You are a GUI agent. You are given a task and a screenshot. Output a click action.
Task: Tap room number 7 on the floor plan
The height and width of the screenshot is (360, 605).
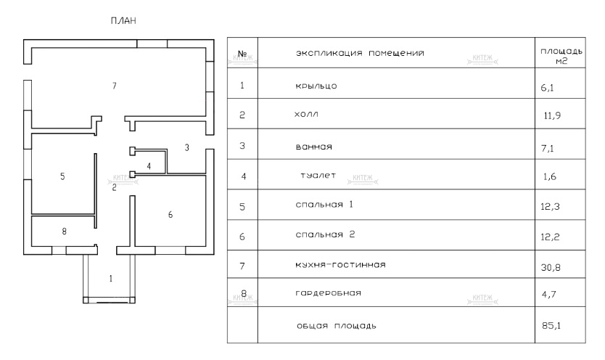(114, 86)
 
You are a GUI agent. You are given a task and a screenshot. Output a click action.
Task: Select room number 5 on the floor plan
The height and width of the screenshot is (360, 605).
(62, 176)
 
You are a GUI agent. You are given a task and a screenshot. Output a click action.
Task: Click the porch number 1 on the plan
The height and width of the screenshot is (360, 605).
(111, 278)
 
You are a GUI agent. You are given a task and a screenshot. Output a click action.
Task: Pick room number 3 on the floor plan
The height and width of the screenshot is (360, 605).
(186, 148)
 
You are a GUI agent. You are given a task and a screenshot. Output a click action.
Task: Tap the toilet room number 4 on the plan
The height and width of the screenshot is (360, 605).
(149, 166)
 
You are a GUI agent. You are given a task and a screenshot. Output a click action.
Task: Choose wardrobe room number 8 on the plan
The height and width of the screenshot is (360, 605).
(64, 232)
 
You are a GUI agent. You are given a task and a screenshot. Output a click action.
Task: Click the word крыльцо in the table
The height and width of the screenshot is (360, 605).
(316, 85)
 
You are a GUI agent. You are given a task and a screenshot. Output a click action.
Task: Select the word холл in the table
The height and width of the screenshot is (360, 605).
(308, 115)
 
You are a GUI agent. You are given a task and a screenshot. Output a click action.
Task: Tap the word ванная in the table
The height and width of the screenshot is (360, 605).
(313, 147)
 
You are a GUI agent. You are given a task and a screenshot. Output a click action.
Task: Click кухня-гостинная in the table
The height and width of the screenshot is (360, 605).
(339, 265)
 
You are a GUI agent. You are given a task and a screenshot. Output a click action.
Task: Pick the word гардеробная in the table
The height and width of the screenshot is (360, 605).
(328, 294)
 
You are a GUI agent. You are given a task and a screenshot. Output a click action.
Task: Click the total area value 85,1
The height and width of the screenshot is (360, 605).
(552, 327)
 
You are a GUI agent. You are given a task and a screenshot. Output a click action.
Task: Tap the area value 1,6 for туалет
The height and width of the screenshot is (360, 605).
(548, 177)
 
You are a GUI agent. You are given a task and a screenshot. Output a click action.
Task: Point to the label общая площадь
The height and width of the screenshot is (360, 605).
(336, 326)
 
